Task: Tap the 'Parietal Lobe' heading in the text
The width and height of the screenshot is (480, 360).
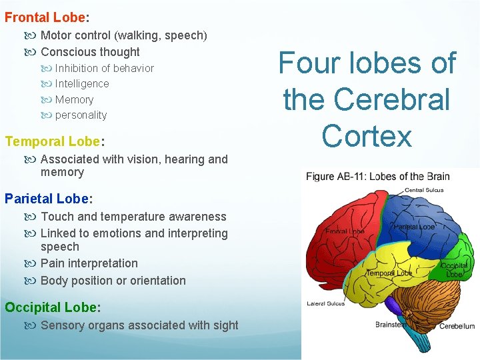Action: coord(47,199)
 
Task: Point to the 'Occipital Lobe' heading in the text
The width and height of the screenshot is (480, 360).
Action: coord(51,307)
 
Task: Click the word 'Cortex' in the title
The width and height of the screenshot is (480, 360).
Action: coord(367,136)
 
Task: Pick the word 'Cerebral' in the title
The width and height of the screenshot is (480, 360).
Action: coord(367,100)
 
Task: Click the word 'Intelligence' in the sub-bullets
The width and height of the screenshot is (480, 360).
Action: coord(82,84)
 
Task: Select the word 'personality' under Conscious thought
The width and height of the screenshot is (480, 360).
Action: coord(81,115)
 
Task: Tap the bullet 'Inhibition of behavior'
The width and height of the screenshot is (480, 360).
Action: coord(104,68)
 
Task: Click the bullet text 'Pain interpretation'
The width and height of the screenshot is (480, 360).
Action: coord(89,263)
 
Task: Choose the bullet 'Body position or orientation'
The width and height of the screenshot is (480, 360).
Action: coord(113,281)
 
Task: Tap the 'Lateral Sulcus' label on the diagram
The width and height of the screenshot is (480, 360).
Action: coord(326,304)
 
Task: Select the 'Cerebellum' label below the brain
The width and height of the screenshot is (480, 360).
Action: coord(457,326)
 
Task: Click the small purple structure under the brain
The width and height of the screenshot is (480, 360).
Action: coord(394,306)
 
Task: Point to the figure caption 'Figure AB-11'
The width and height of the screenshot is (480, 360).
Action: coord(340,177)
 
